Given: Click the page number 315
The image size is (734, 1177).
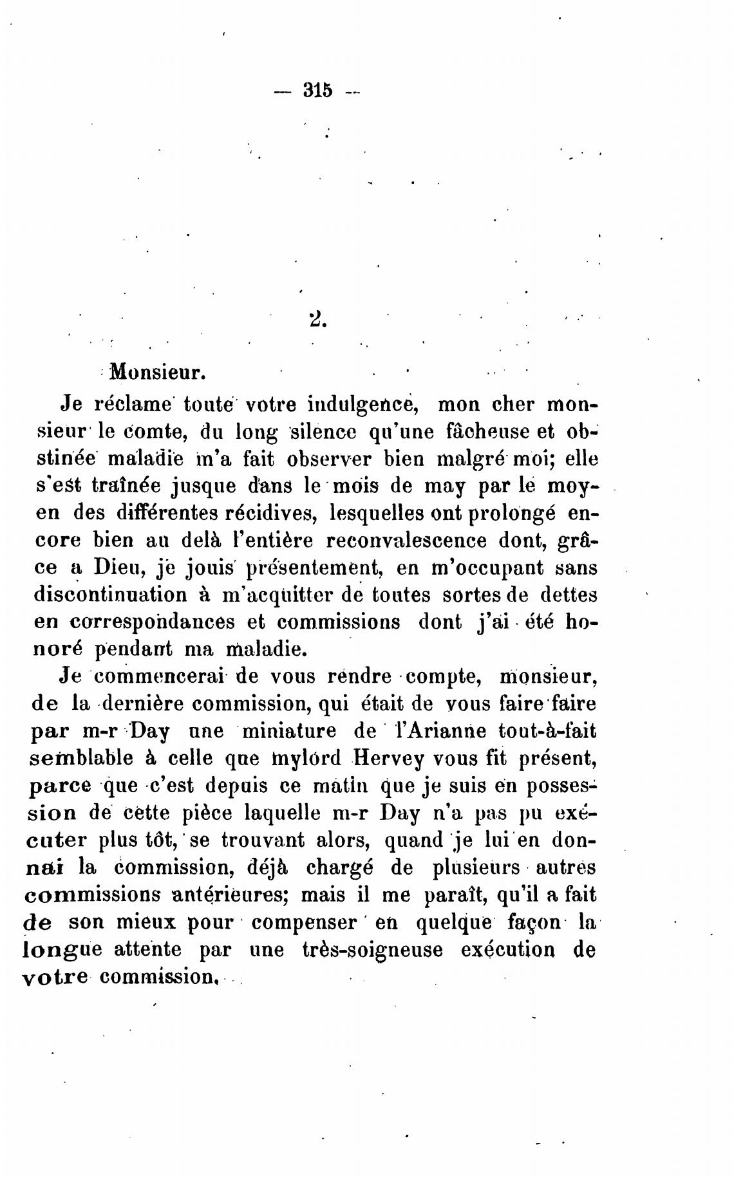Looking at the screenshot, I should click(317, 91).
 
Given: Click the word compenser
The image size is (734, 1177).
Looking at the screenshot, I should click(304, 922).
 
